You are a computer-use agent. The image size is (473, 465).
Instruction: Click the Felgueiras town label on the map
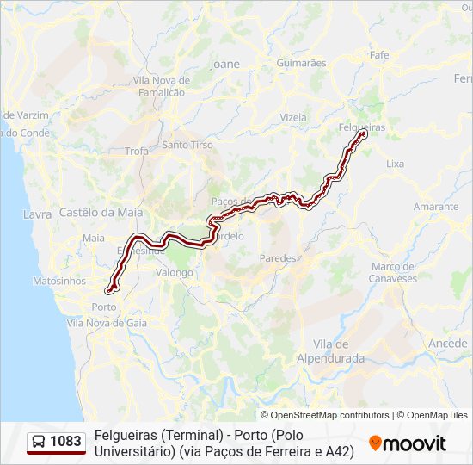362,127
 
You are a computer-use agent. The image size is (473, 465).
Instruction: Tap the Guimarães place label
302,63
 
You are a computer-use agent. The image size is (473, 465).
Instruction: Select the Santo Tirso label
187,145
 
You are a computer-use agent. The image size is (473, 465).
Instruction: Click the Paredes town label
278,257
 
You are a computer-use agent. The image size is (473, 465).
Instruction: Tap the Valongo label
175,272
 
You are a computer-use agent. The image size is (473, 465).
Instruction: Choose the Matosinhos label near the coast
59,281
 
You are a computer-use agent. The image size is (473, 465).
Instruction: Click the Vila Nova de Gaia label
107,323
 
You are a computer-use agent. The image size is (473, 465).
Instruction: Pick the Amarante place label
436,207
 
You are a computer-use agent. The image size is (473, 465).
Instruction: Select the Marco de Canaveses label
393,272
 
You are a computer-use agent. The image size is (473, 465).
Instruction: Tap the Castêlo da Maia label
101,212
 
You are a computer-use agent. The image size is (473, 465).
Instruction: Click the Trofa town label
137,151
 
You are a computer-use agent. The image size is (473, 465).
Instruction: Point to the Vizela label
293,117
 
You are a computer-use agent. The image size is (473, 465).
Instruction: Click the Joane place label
225,64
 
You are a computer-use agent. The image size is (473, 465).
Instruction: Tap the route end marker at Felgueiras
364,133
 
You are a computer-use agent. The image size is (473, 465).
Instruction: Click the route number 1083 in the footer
66,442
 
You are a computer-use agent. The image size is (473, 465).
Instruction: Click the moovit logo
408,443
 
